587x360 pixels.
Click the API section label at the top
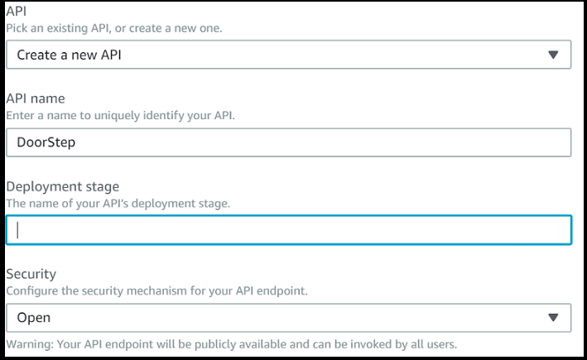click(16, 12)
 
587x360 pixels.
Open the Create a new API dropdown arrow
click(554, 55)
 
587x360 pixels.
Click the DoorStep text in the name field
click(46, 142)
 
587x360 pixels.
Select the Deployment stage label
click(62, 187)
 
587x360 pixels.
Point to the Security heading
click(31, 274)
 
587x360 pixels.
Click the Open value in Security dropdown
click(34, 318)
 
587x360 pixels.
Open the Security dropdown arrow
click(554, 318)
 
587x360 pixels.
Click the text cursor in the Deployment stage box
click(18, 230)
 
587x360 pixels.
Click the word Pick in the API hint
click(16, 28)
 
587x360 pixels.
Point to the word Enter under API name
click(20, 116)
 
